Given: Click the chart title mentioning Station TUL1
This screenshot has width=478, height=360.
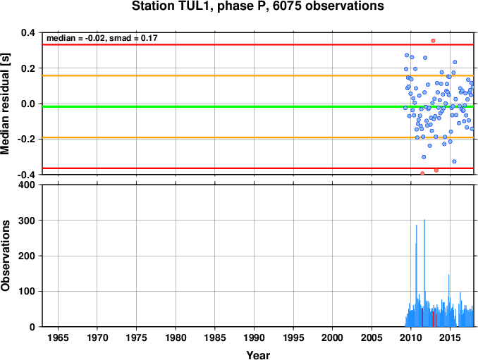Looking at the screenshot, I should point(258,7).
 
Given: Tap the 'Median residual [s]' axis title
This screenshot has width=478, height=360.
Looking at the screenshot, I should point(7,104).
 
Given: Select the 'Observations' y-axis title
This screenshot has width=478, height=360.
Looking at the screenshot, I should point(7,256).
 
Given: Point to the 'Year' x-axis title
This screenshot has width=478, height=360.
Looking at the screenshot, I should point(258,355).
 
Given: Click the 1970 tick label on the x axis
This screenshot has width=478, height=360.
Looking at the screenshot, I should point(97,339).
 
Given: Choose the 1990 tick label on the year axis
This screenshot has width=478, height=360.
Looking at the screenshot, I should point(254,339).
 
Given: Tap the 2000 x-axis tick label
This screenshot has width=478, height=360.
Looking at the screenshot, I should point(332,339).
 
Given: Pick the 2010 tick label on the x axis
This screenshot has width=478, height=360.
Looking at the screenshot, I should point(410,339).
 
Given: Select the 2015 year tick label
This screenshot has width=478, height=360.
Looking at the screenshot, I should point(450,339).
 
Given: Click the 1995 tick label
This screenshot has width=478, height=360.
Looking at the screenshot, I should point(293,339).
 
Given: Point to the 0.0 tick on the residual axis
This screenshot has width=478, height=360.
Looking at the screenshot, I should point(26,104).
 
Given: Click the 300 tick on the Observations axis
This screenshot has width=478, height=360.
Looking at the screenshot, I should point(27,221).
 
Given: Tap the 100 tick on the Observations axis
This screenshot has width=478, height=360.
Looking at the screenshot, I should point(27,291).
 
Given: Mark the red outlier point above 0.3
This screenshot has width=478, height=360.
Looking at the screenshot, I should point(433,40).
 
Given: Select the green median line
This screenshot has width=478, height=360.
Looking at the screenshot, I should point(212,106).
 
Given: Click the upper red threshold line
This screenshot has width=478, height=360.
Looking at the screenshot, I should point(212,44).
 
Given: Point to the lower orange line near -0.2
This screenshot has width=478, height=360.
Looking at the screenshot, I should point(212,138).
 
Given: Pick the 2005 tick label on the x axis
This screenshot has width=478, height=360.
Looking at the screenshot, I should point(372,339).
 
